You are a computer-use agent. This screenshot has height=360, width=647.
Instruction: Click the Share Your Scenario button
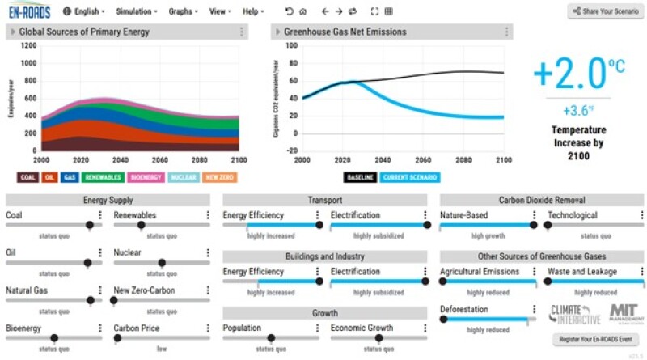605,11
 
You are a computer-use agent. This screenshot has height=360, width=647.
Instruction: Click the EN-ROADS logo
29,11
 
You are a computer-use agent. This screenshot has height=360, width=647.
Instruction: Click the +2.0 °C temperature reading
569,74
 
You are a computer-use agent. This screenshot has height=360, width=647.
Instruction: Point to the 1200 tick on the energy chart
27,46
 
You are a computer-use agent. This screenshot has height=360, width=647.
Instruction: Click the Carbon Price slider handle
113,338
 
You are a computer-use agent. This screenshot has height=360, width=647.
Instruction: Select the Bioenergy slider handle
54,338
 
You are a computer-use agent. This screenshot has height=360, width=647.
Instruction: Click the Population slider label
242,328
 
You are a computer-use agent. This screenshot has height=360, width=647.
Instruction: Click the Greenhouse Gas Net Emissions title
345,32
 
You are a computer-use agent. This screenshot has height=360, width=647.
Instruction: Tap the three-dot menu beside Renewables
208,216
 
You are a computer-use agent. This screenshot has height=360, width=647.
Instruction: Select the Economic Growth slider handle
378,338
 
